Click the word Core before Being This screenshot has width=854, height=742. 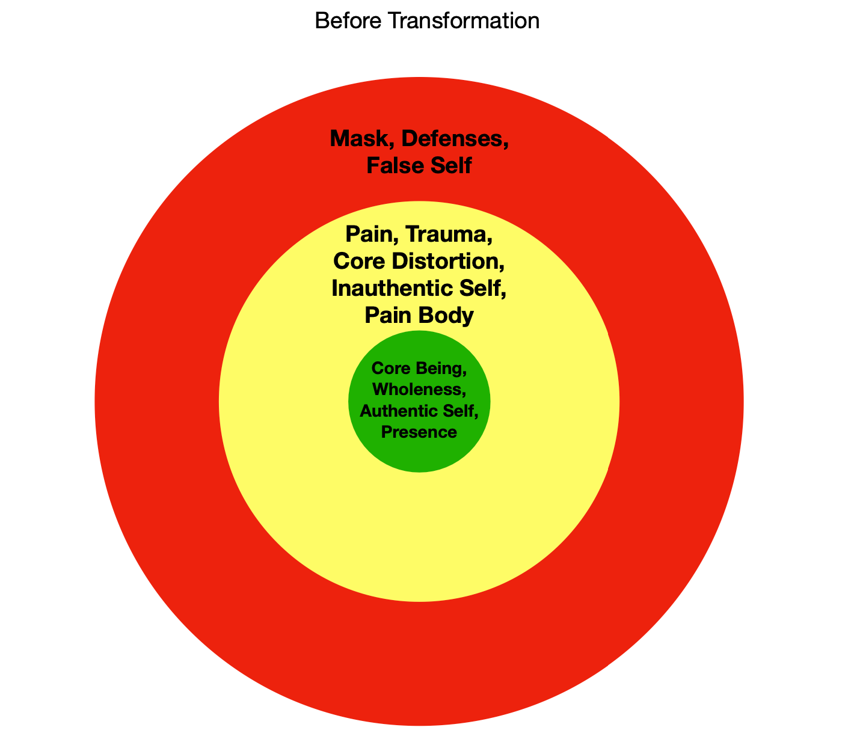click(390, 367)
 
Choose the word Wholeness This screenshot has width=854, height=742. click(419, 389)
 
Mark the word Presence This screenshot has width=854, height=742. click(419, 432)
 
